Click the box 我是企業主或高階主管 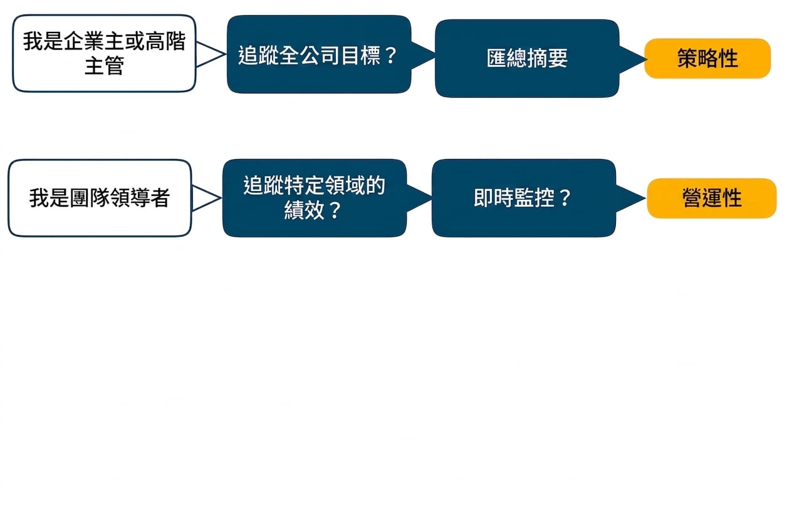(x=104, y=53)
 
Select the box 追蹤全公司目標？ (x=318, y=54)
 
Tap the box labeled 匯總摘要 (x=527, y=58)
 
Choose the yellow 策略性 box (x=707, y=58)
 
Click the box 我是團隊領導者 (x=100, y=198)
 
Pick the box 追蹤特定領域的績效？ (x=315, y=198)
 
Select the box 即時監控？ (x=524, y=198)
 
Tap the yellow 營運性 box (x=712, y=198)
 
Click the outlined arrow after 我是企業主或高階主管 (x=211, y=54)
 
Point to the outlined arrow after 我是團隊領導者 (x=207, y=198)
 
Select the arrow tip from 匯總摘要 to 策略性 (x=647, y=59)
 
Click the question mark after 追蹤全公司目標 (x=391, y=56)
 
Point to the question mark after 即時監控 (x=565, y=198)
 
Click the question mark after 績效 (x=334, y=210)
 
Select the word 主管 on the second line (x=104, y=66)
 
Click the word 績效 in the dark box (x=304, y=210)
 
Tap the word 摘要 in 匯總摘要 (x=548, y=58)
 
